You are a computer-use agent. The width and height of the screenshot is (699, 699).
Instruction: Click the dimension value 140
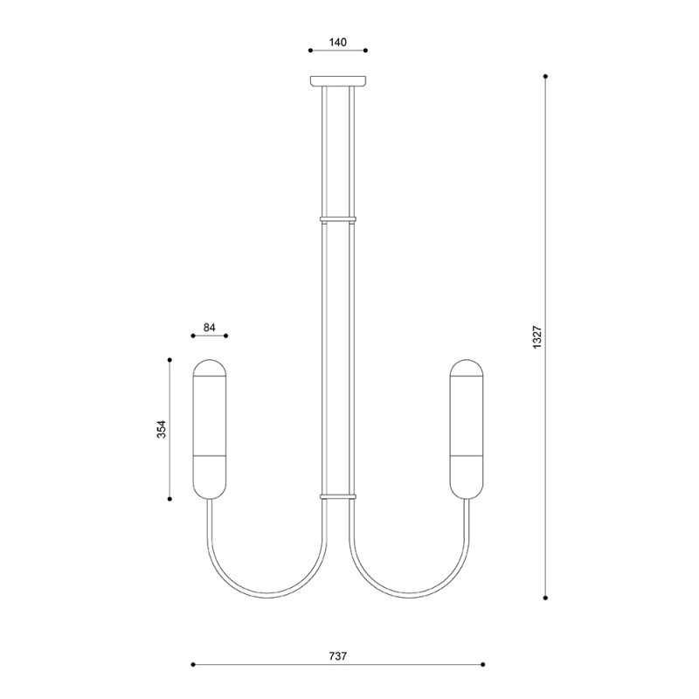click(x=338, y=42)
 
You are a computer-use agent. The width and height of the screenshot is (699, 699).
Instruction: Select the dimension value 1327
click(x=537, y=337)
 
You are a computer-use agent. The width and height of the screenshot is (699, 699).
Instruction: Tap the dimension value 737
click(x=338, y=656)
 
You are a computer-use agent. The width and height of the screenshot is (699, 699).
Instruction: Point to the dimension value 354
click(x=162, y=429)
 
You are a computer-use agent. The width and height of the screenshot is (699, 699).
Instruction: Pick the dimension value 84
click(x=210, y=327)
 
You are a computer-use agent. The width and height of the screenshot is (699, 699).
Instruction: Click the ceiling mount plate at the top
click(x=338, y=80)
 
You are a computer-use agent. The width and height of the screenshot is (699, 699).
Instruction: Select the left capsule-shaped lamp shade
click(x=210, y=429)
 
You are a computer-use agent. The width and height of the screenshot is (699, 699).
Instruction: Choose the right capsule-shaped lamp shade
click(x=467, y=429)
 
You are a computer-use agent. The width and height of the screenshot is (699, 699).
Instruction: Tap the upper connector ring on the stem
click(x=338, y=219)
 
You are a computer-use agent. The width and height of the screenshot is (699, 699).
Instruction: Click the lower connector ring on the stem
click(x=338, y=495)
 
